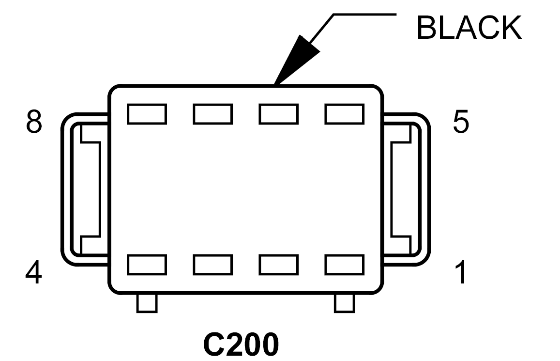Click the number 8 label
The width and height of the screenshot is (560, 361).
pos(34,122)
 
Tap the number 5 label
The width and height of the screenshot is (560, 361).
pos(461,122)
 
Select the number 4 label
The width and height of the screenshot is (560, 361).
pos(33,272)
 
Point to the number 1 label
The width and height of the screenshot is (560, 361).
pos(461,272)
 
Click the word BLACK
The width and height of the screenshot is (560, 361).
pos(469,28)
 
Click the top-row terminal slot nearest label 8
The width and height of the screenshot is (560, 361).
pos(147,114)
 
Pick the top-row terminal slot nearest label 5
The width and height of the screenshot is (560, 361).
pos(344,114)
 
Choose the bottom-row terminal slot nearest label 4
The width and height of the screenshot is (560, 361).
pos(147,265)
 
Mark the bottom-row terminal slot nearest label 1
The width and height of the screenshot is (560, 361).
pos(344,265)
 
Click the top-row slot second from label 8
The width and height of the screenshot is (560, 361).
pos(213,114)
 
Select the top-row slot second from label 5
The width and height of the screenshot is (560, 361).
pos(279,114)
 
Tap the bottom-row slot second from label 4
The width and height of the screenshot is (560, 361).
pos(213,265)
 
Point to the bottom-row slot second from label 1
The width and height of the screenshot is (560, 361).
pos(279,265)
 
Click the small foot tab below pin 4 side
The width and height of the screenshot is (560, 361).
pos(147,303)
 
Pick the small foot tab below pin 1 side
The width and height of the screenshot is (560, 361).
pos(345,303)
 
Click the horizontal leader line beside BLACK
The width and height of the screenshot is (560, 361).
pos(364,15)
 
